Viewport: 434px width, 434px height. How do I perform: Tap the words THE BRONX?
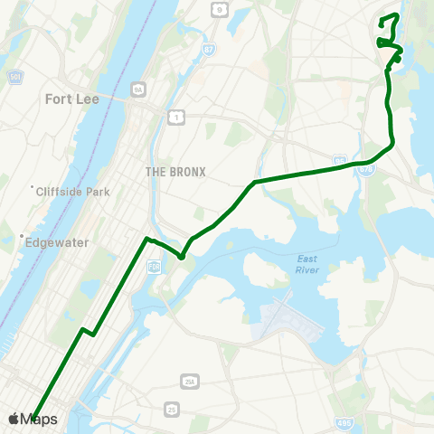point(175,172)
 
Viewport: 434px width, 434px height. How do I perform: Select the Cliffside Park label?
point(70,192)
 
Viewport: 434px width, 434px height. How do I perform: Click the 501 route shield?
point(12,76)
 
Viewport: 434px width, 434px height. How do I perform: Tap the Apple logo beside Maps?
point(14,419)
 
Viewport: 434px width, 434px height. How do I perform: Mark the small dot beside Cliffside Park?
point(32,189)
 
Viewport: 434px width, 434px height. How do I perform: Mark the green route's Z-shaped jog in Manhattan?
point(88,331)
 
